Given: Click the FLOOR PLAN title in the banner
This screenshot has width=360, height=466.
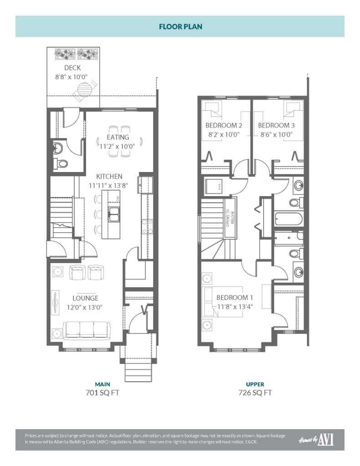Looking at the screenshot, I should pyautogui.click(x=180, y=26).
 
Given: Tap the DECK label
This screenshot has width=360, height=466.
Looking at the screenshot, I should pyautogui.click(x=72, y=68).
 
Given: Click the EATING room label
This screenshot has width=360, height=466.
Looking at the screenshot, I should pyautogui.click(x=118, y=137).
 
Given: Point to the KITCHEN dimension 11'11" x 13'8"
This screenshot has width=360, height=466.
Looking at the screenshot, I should pyautogui.click(x=109, y=185).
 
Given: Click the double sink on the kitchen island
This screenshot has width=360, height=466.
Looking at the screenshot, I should pyautogui.click(x=113, y=213).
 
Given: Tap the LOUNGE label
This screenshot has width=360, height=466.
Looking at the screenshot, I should pyautogui.click(x=85, y=298).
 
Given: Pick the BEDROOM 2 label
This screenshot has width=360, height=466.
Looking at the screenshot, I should pyautogui.click(x=223, y=125).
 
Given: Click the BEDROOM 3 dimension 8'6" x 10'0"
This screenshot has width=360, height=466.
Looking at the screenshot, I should pyautogui.click(x=276, y=135).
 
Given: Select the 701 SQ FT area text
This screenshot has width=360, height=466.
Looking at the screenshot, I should pyautogui.click(x=102, y=392).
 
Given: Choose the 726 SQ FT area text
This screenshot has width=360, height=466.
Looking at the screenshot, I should pyautogui.click(x=255, y=392).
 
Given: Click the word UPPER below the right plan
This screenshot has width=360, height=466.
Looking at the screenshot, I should pyautogui.click(x=255, y=384).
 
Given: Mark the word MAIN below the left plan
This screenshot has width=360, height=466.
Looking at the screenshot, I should pyautogui.click(x=102, y=384).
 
